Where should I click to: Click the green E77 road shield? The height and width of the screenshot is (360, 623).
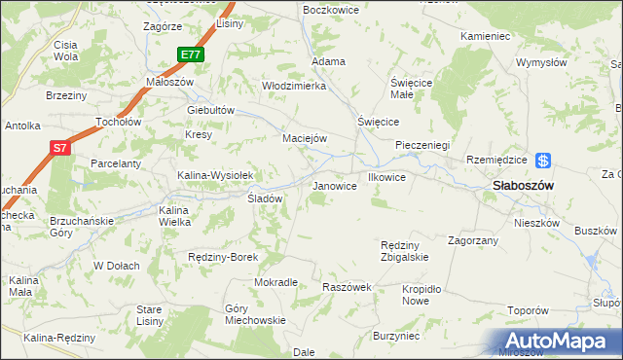coord(191,55)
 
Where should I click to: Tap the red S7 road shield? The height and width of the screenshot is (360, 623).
coord(60,148)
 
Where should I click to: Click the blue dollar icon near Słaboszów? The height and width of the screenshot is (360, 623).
coord(544,162)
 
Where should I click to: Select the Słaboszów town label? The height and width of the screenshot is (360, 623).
coord(523,185)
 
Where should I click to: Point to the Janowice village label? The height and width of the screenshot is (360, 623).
coord(333,185)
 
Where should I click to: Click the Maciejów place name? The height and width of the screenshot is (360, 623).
coord(304,138)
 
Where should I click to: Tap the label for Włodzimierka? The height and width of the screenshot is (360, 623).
coord(293,86)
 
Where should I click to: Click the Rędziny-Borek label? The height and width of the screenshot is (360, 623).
coord(222,257)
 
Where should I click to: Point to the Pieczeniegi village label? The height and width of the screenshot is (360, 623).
coord(421,145)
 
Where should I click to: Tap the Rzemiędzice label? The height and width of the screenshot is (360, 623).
coord(496,161)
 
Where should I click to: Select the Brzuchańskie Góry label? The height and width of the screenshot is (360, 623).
coord(82,227)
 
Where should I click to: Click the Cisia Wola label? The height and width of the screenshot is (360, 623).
coord(66,51)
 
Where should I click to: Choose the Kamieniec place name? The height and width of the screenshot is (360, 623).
coord(486,36)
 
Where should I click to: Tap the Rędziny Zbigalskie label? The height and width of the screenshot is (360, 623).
coord(405,251)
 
